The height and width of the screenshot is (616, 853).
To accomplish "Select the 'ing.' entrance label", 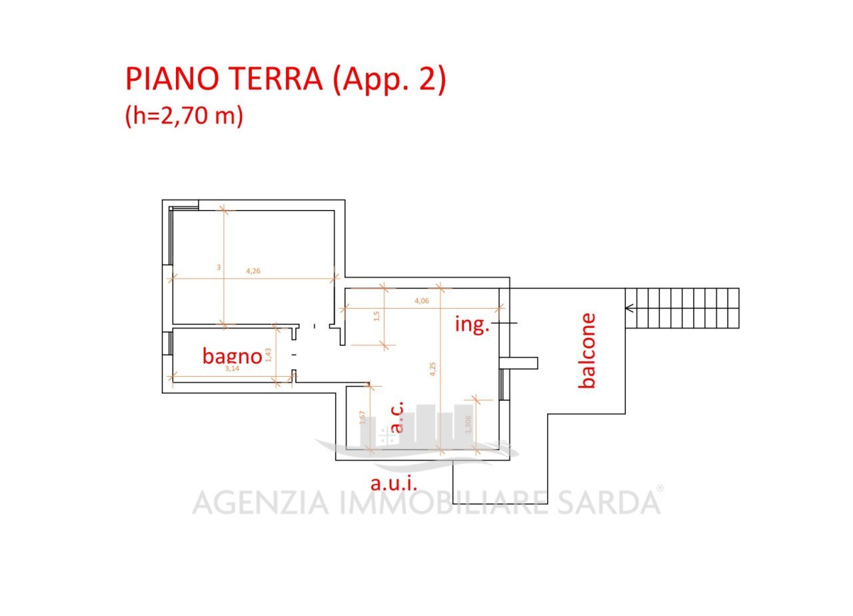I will point(472,325).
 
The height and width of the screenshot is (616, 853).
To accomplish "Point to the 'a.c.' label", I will point(397,418).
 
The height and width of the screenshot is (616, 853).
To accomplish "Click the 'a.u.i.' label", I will point(394,483).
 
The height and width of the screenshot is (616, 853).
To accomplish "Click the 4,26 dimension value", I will point(253,271).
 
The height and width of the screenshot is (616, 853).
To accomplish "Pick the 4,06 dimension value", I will point(422,301).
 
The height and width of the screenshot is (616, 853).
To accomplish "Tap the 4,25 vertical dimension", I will point(433,369).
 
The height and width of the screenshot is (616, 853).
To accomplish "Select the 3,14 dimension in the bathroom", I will point(232,369).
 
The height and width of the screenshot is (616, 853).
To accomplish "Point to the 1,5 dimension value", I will point(377,316).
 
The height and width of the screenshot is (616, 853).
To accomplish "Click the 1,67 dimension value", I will point(363,418).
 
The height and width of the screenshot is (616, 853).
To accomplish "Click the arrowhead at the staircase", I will point(629,308).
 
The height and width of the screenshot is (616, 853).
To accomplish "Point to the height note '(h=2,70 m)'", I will point(184,116).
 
